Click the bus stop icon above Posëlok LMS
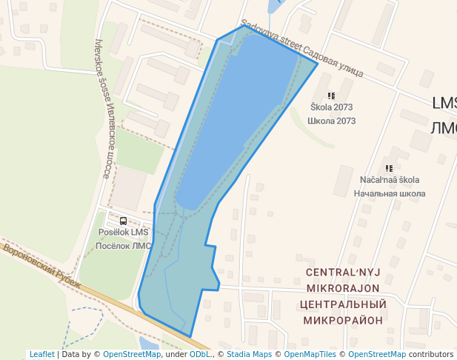coord(123,221)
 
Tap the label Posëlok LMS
coord(123,233)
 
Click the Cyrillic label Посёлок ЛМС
coord(123,246)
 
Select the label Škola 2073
coord(331,107)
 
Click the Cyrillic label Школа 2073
coord(331,121)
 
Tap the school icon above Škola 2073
coord(331,96)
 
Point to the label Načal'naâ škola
coord(390,180)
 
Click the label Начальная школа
coord(390,193)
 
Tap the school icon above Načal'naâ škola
coord(390,169)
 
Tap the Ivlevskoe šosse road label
coord(106,107)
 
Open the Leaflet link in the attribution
coord(42,354)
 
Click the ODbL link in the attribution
coord(199,354)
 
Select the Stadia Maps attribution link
coord(249,354)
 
